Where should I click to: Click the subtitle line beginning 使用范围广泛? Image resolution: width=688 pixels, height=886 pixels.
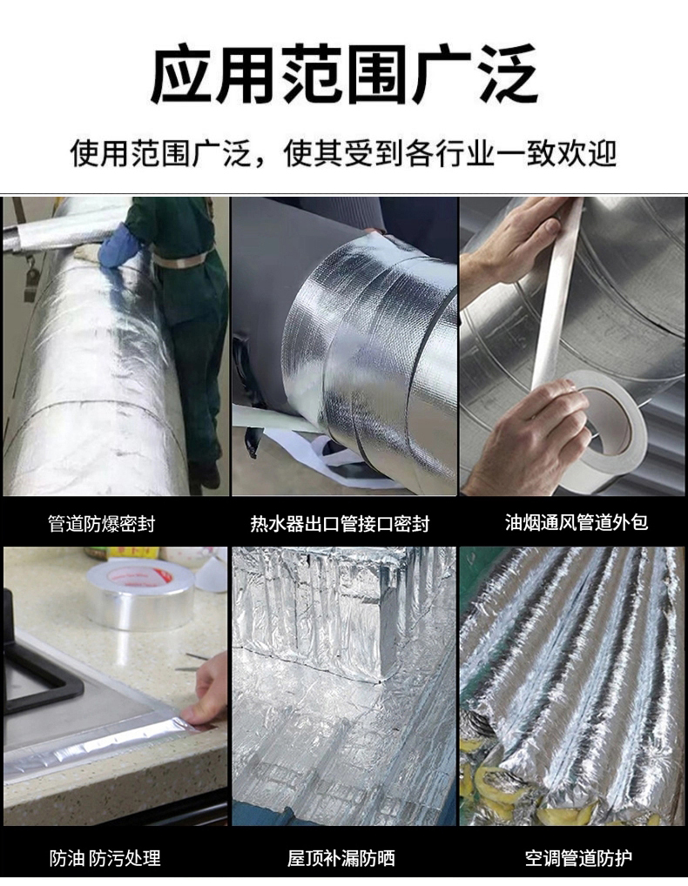(344, 154)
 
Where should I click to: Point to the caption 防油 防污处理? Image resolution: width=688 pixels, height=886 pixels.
(105, 858)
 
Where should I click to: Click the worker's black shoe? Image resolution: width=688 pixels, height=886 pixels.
(206, 474)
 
